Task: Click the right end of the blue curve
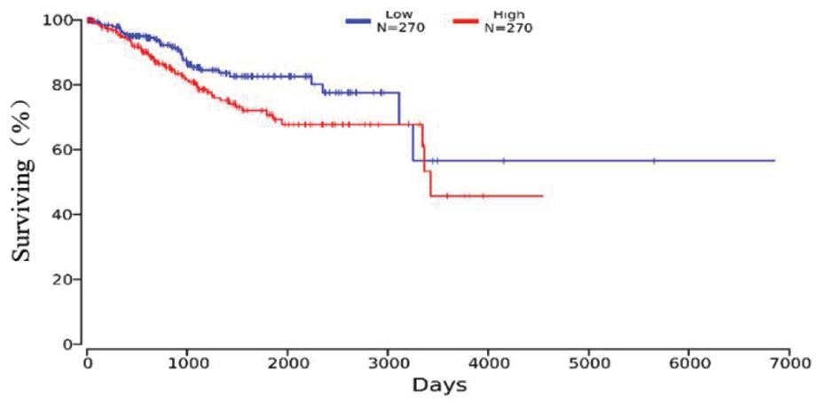(774, 161)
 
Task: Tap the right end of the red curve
(542, 195)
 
